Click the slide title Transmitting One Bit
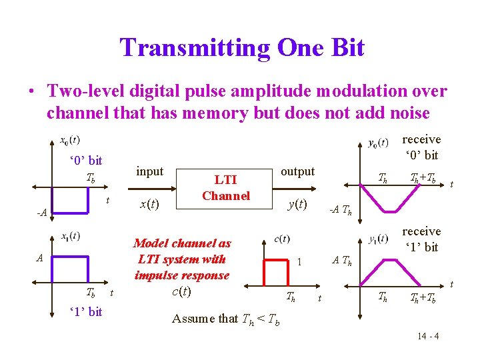(242, 48)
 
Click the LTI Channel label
(225, 187)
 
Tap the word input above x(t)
(149, 171)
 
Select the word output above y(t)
(297, 171)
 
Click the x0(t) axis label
(69, 141)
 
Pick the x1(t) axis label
(70, 235)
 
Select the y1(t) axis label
(378, 238)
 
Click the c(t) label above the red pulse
(283, 239)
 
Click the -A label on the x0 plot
(41, 213)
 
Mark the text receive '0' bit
(421, 147)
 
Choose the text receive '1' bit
(421, 239)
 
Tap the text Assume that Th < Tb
(226, 319)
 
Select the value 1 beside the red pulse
(299, 263)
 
